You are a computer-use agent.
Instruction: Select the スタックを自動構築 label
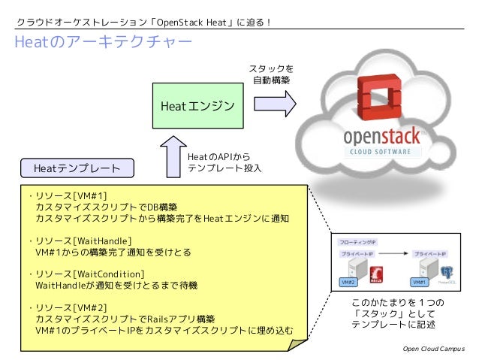270,74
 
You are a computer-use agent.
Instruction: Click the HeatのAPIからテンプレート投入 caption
224,162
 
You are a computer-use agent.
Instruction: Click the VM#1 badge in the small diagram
420,282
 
